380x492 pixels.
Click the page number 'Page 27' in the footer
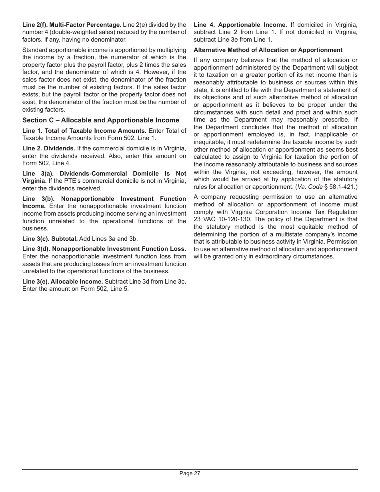pos(190,474)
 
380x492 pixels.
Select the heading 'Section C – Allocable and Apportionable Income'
pos(100,120)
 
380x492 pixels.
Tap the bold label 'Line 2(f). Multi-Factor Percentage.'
pos(72,25)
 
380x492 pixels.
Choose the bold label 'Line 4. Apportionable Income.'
pos(240,25)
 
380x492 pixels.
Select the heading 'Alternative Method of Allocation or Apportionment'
pos(268,50)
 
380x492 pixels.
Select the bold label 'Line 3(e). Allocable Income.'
pos(62,282)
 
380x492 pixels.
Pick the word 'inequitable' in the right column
pos(210,142)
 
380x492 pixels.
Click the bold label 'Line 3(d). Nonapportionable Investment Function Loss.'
pos(104,249)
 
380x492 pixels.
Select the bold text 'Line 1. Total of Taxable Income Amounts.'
pos(84,131)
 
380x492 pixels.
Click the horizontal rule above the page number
pos(190,469)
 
